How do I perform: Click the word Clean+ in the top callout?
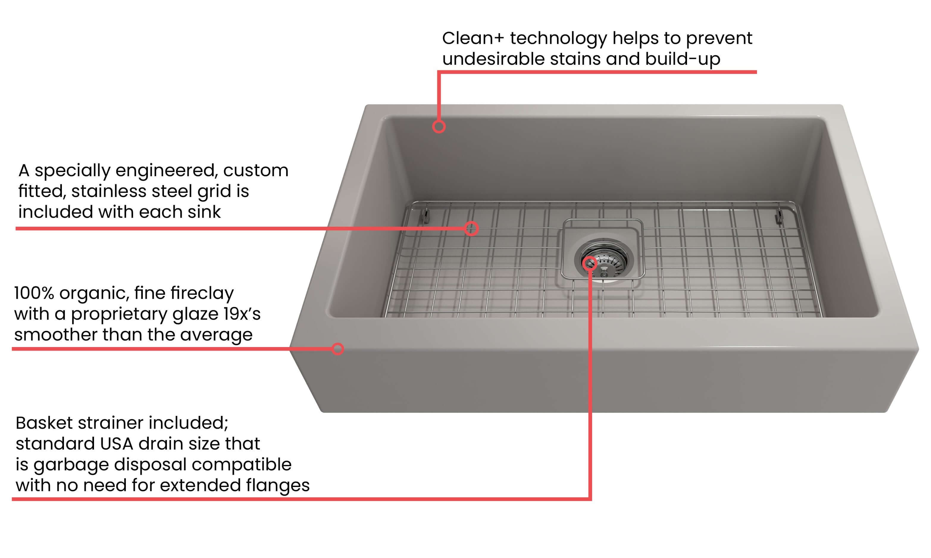[473, 38]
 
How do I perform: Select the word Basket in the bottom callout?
[44, 423]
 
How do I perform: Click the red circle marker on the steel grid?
[471, 228]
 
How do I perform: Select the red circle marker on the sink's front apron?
[338, 349]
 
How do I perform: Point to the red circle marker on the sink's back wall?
[439, 126]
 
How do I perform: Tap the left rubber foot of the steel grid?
[425, 216]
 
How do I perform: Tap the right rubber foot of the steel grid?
[778, 217]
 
